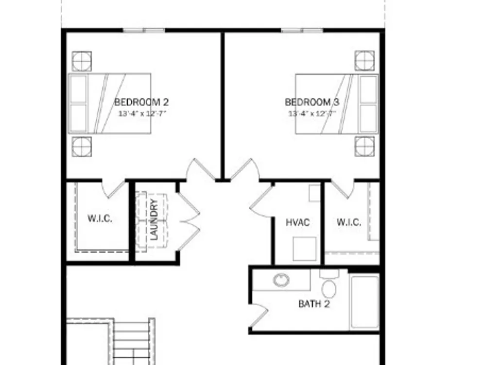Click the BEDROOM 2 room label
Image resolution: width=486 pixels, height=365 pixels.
[141, 102]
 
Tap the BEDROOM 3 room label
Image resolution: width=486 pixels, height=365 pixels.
[312, 102]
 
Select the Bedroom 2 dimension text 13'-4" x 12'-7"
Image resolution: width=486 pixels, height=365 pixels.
[142, 113]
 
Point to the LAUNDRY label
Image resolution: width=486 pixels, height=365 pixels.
[154, 219]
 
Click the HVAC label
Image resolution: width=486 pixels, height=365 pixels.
[297, 222]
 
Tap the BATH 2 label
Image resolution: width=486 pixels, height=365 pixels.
[313, 304]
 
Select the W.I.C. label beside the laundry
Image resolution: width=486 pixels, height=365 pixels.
[100, 219]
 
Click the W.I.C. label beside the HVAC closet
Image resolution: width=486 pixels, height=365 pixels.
[348, 222]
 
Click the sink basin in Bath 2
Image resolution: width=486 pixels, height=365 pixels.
[281, 280]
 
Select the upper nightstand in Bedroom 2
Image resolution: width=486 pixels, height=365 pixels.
[82, 61]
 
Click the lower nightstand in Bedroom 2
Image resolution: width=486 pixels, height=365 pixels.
[82, 146]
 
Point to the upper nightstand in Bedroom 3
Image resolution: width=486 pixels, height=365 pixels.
[364, 60]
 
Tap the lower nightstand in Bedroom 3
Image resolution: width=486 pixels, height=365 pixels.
[364, 146]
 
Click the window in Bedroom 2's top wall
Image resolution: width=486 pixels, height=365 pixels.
[144, 30]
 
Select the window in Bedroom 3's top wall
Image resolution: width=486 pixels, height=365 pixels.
[302, 30]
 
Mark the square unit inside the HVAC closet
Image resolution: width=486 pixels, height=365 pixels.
[305, 249]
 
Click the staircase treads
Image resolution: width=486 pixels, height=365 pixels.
[131, 343]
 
